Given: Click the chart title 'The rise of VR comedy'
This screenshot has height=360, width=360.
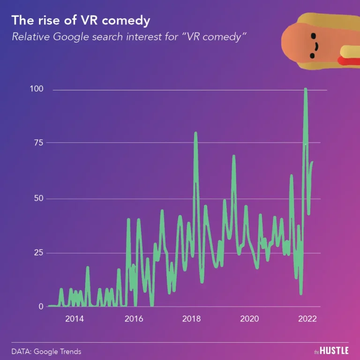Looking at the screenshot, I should point(81,21).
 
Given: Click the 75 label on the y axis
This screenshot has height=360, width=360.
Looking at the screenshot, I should point(45,142).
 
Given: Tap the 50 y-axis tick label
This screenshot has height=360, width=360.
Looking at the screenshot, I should point(45,198).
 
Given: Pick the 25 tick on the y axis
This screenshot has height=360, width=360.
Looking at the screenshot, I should point(45,253).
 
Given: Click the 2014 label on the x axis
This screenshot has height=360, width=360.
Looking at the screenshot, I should point(75,319).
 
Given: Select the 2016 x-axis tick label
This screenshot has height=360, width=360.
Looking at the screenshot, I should point(134,319).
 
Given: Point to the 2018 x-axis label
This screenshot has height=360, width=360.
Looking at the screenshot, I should point(191,319).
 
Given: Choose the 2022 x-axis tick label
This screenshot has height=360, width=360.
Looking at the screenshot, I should point(307,319).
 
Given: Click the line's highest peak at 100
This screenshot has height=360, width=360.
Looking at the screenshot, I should point(306,89).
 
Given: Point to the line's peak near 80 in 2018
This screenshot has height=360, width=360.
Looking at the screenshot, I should point(195,133).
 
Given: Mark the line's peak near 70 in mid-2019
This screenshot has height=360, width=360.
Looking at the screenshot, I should point(233,156).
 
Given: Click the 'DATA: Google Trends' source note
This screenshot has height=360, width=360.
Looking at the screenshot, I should point(46,351).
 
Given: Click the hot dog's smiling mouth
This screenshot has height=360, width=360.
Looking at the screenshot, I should point(315,47).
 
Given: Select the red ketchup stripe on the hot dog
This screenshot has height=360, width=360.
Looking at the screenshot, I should point(349,61).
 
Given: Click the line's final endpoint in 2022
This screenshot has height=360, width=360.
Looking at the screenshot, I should point(312,162).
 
